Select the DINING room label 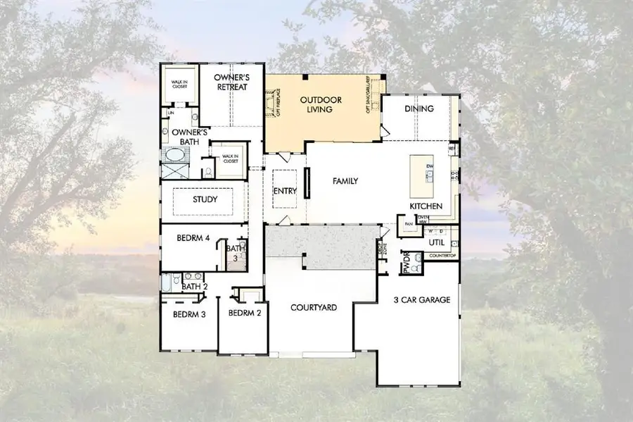coord(419,108)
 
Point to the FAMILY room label coord(345,181)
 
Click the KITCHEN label coord(426,206)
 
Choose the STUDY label coord(205,200)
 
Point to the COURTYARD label coord(314,308)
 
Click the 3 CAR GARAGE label coord(422,299)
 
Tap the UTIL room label coord(436,242)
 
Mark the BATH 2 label coord(194,286)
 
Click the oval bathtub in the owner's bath coord(173,155)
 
